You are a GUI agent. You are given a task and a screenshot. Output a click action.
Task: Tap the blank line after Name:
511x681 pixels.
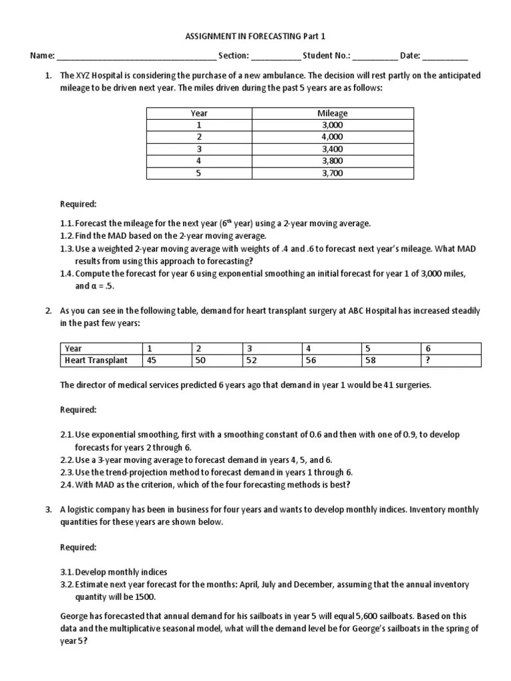coord(136,57)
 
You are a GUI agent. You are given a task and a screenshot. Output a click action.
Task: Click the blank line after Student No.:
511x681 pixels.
coord(375,57)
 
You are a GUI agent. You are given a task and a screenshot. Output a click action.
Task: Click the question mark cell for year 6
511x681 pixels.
coord(426,360)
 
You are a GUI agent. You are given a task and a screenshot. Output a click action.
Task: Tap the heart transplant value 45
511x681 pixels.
coord(152,360)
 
